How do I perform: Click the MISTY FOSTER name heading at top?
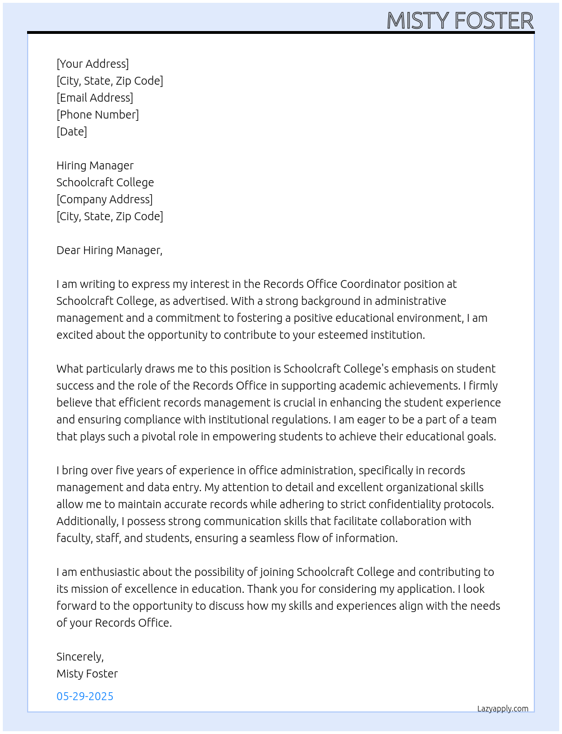coord(460,21)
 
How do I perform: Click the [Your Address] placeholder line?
coord(93,64)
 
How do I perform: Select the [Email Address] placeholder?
coord(95,98)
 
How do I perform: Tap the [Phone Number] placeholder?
coord(98,115)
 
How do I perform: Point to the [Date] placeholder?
coord(72,132)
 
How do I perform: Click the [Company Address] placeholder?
coord(104,199)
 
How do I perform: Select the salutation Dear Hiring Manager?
coord(109,250)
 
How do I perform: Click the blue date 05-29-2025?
coord(85,696)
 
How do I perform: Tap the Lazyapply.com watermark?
coord(503,709)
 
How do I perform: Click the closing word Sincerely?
coord(80,657)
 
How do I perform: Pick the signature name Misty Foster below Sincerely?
coord(87,674)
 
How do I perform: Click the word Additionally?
coord(87,521)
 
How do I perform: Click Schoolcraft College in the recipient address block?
coord(105,182)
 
